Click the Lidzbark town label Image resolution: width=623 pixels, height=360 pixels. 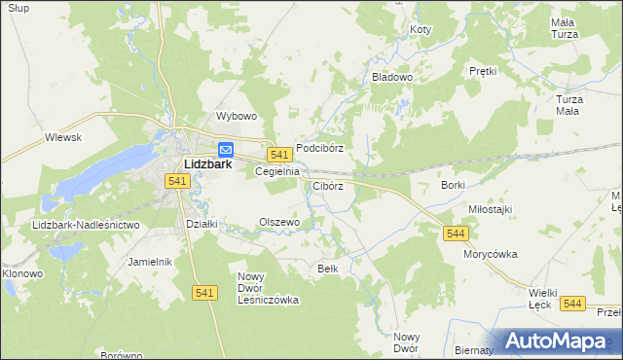[x=207, y=164]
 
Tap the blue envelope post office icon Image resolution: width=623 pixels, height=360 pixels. [x=226, y=150]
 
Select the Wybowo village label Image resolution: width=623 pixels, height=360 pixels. [x=236, y=116]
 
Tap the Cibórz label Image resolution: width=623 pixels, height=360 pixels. [x=328, y=186]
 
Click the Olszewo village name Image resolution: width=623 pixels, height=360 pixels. [x=278, y=222]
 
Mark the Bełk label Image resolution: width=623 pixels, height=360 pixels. [x=327, y=268]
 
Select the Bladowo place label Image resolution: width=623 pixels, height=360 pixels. [x=393, y=76]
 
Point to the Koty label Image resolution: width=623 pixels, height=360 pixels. [x=420, y=30]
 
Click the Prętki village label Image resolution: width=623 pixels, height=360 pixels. [x=483, y=71]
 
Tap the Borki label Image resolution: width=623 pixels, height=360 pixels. [x=453, y=185]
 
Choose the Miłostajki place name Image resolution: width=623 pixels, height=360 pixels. [x=490, y=209]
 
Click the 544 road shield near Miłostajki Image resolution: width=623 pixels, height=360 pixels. [x=456, y=234]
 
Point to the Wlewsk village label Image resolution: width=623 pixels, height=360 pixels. [x=63, y=138]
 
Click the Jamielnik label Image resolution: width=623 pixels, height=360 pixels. [x=150, y=262]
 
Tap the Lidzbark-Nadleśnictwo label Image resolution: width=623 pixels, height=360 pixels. [x=86, y=225]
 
